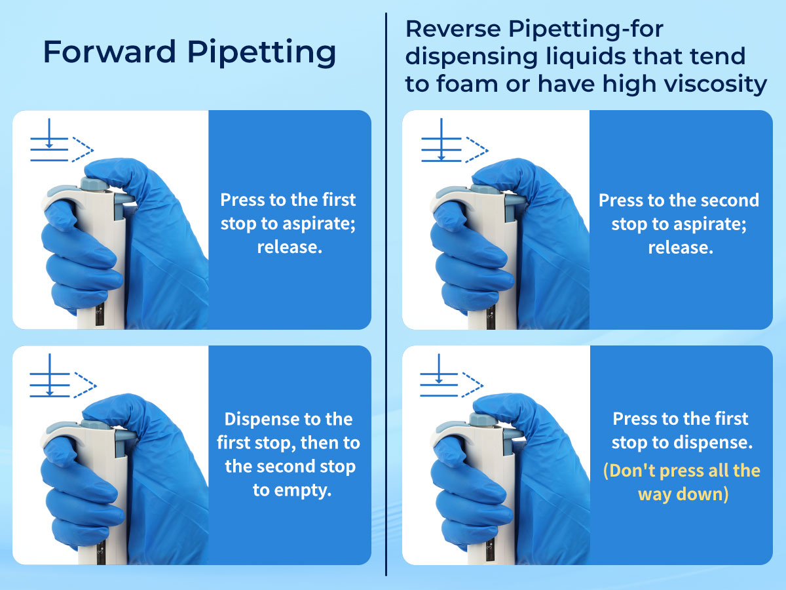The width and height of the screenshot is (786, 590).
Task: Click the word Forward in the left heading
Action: pos(109,52)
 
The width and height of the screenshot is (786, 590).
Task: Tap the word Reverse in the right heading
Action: pos(453,29)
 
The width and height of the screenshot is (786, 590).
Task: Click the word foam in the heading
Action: pos(468,84)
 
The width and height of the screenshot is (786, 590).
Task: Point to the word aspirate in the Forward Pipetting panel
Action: pos(319,224)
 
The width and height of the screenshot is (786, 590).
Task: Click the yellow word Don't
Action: pos(632,470)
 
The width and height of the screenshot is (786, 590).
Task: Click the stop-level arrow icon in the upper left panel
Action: pos(62,141)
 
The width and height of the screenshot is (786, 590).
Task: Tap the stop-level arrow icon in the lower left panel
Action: pos(63,376)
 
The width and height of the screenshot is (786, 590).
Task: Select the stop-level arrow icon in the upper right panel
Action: pos(455,141)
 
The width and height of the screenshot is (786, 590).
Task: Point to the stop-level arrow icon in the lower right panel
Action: pos(451,376)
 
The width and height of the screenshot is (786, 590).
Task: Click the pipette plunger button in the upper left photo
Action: pos(94,184)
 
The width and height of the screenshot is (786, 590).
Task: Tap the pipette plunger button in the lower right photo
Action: pos(483,419)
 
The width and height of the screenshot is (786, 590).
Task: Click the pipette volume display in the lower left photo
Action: pos(101,551)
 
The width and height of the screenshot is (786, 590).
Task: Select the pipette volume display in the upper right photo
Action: pos(491,315)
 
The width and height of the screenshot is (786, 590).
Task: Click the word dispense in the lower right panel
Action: pos(713,442)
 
